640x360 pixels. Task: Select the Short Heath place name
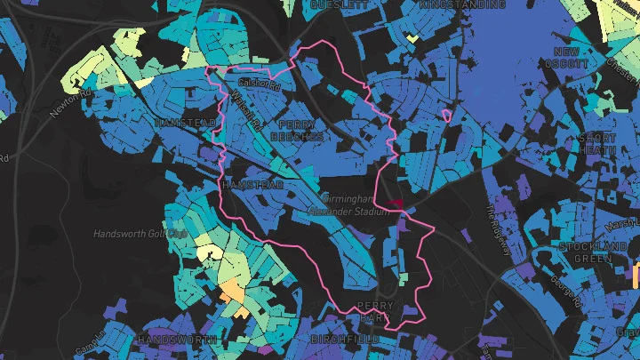tap(596, 144)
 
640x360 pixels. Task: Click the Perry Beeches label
tap(301, 132)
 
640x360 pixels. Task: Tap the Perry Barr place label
tap(374, 311)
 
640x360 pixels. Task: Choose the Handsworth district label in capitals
tap(178, 340)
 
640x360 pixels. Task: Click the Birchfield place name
tap(346, 340)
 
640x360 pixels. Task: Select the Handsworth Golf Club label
tap(141, 234)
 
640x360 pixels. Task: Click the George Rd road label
tap(560, 285)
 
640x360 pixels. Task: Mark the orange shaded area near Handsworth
tap(232, 291)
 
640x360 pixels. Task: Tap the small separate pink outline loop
tap(446, 114)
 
